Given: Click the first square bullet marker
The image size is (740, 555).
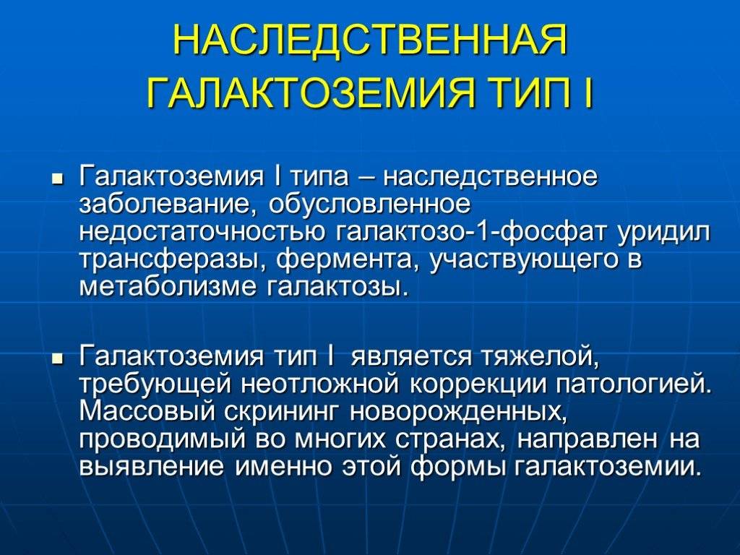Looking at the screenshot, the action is (x=58, y=180).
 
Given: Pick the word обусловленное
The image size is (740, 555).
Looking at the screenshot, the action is (x=369, y=205).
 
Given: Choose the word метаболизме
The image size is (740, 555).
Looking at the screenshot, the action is (x=167, y=288).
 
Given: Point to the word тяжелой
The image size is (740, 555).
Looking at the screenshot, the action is (x=541, y=356).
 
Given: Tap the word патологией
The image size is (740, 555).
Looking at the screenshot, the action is (x=632, y=384).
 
